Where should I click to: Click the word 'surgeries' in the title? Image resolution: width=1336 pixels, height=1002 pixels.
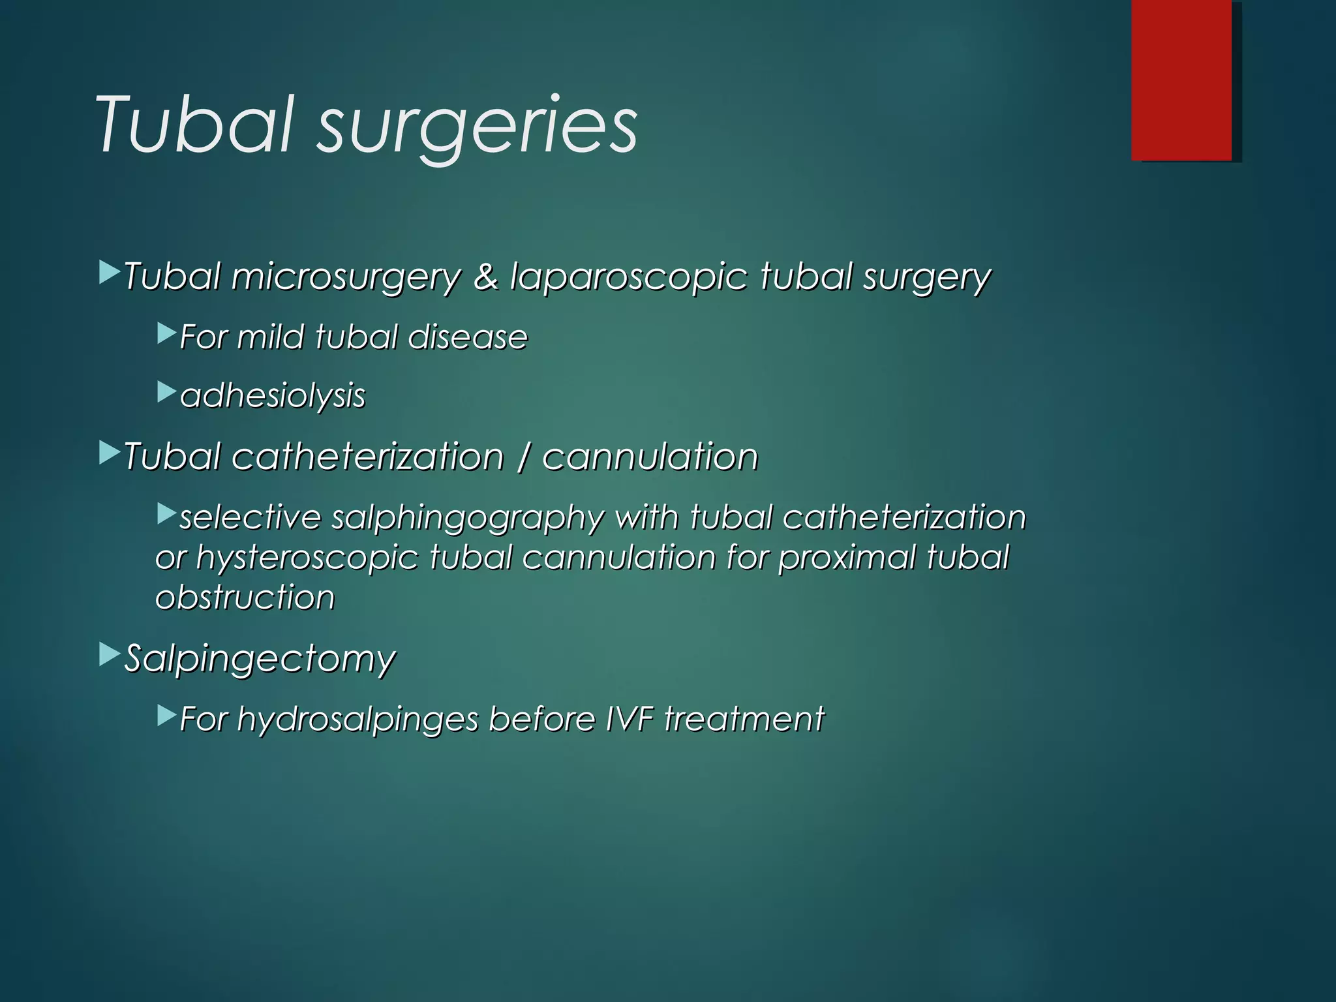[477, 125]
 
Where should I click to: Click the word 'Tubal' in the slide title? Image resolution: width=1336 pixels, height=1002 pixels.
[193, 124]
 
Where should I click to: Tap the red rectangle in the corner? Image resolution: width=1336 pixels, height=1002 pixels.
[1181, 80]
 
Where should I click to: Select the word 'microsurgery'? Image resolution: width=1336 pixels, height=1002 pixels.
[346, 277]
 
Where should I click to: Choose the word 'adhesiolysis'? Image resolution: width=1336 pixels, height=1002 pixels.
[273, 396]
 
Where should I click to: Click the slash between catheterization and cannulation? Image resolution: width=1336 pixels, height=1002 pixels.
[523, 457]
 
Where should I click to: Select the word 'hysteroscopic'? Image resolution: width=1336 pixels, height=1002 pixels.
[307, 558]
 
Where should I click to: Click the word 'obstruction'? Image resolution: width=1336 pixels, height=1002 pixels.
[245, 598]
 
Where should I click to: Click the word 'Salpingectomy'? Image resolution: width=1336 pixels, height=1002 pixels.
[260, 658]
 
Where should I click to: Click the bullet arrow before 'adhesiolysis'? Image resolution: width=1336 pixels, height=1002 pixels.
[166, 392]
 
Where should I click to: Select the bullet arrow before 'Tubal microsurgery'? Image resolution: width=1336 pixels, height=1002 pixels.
[109, 273]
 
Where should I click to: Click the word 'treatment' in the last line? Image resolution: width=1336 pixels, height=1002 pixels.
[744, 719]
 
